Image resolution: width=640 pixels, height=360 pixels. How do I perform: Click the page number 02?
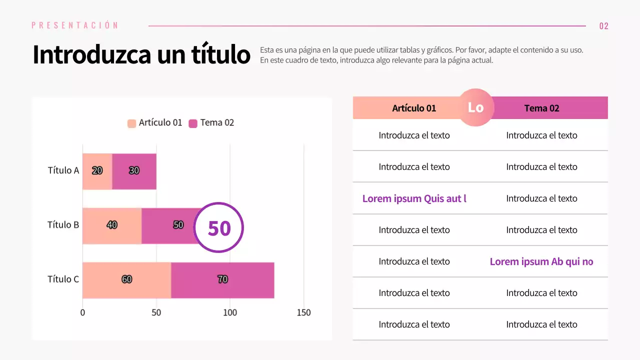tap(603, 26)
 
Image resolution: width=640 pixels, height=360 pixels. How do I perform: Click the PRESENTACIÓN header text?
tap(75, 25)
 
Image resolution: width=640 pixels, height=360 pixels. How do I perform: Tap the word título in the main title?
tap(220, 54)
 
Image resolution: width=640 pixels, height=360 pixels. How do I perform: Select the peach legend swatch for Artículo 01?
tap(132, 123)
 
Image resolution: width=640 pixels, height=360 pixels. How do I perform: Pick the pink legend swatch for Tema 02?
tap(193, 123)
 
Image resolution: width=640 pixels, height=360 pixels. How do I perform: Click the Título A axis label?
tap(63, 170)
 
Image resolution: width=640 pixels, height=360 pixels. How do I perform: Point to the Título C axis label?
tap(63, 279)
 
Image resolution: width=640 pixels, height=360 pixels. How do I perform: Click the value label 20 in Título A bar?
tap(97, 170)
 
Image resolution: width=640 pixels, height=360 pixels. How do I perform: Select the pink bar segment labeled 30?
tap(134, 171)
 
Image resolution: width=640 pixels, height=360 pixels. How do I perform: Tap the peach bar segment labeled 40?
tap(112, 225)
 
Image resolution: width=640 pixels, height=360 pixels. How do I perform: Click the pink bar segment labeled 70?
tap(222, 279)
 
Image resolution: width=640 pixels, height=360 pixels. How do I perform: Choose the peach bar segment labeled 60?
tap(126, 279)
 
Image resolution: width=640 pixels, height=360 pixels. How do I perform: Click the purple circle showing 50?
tap(218, 227)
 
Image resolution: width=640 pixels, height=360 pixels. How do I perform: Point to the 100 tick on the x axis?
tap(230, 313)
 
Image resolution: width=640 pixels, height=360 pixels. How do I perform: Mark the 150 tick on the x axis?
tap(303, 313)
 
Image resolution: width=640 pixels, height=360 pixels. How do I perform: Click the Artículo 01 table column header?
tap(414, 108)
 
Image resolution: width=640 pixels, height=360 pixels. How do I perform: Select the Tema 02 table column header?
tap(541, 108)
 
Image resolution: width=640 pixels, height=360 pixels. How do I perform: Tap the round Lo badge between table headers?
tap(475, 107)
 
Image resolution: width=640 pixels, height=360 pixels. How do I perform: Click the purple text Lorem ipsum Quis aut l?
tap(414, 198)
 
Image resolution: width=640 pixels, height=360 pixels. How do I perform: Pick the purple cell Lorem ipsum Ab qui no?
tap(541, 261)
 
